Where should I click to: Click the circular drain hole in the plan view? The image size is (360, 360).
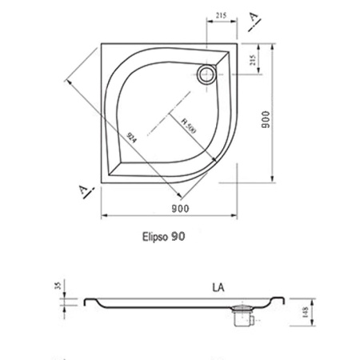point(206,75)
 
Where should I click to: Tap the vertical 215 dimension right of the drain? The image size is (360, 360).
point(255,60)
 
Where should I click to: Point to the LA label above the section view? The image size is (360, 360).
point(218,284)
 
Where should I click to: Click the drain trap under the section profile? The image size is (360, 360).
point(241,317)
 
